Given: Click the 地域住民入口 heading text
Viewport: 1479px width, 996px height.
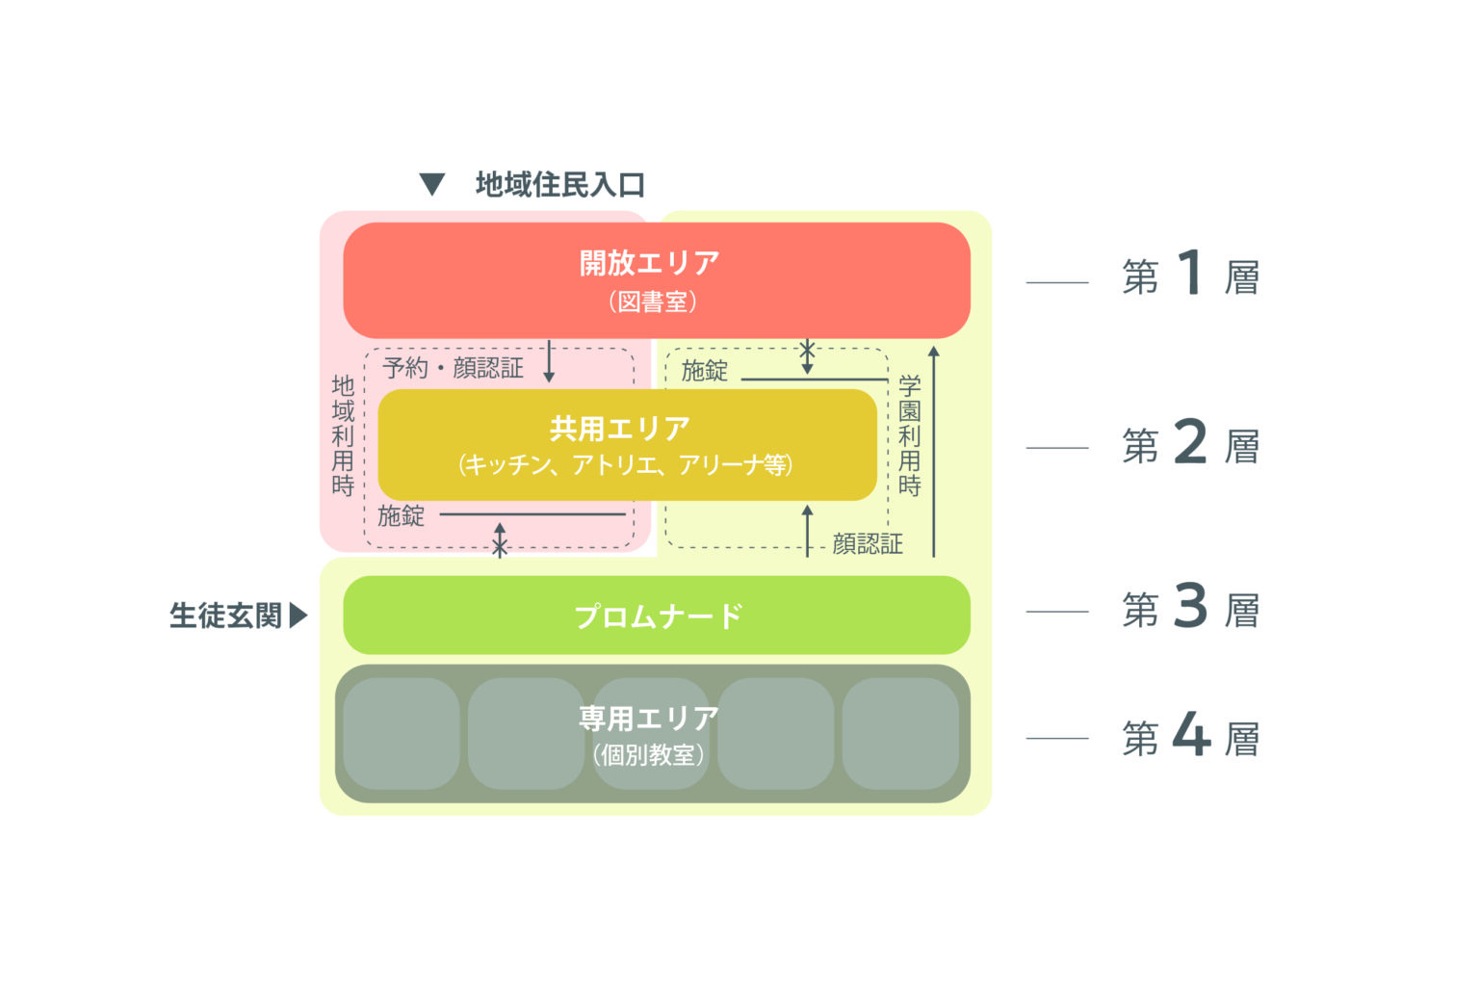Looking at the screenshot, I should pyautogui.click(x=559, y=184).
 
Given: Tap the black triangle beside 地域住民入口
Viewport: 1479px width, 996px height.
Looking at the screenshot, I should pyautogui.click(x=432, y=184).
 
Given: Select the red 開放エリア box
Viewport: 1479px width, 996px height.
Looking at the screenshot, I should pyautogui.click(x=656, y=280).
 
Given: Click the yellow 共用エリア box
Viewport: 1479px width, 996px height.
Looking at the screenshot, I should pyautogui.click(x=627, y=444).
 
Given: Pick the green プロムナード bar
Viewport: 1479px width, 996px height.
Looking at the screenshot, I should pyautogui.click(x=656, y=616).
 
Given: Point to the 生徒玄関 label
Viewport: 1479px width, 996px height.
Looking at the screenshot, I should pyautogui.click(x=225, y=616).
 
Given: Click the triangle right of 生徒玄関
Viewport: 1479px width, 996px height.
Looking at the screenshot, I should pyautogui.click(x=298, y=615).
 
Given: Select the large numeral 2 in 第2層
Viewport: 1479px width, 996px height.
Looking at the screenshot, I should pyautogui.click(x=1191, y=442).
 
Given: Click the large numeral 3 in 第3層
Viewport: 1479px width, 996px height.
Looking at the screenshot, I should pyautogui.click(x=1191, y=606).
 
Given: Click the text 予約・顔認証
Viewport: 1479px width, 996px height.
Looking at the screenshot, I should pyautogui.click(x=453, y=368).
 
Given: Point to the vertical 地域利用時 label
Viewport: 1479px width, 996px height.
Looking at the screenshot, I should pyautogui.click(x=343, y=435).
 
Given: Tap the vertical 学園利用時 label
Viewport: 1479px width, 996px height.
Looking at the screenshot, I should pyautogui.click(x=910, y=435).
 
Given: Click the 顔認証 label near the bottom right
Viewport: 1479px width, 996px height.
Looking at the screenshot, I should pyautogui.click(x=868, y=544).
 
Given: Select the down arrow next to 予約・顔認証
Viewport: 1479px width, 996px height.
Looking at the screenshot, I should pyautogui.click(x=550, y=361).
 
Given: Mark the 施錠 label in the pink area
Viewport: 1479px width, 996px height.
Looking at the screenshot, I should pyautogui.click(x=401, y=516).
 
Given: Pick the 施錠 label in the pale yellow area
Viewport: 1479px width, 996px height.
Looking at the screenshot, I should pyautogui.click(x=705, y=371).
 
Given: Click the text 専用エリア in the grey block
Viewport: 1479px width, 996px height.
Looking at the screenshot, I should pyautogui.click(x=648, y=719).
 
